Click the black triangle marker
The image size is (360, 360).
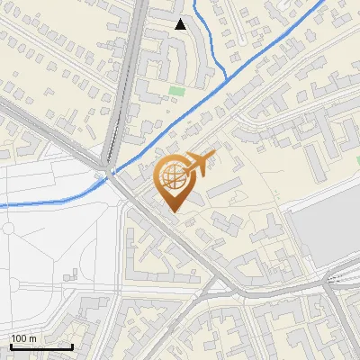181,24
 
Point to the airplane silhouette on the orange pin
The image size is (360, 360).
201,163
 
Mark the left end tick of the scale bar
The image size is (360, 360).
10,346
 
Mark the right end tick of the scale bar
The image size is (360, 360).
72,346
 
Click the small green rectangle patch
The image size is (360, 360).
176,90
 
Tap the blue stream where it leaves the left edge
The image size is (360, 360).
2,206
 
